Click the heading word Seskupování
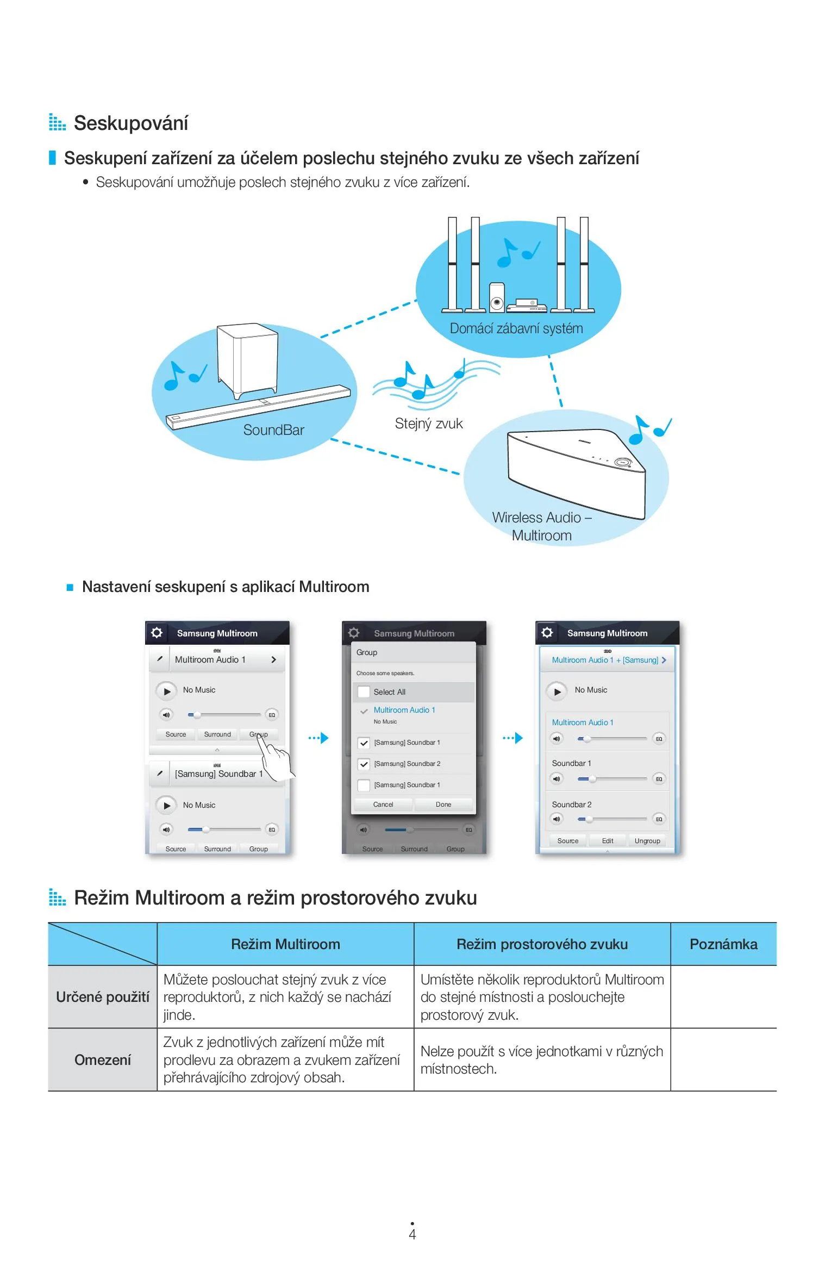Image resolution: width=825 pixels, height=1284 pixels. [130, 123]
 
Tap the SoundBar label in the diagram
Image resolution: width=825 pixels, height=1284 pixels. [273, 430]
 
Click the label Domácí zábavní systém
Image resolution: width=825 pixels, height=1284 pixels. [516, 328]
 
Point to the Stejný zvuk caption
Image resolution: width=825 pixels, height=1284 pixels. [429, 423]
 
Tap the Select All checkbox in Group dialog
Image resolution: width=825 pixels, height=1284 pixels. [364, 692]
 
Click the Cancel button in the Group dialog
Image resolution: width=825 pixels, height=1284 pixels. [383, 805]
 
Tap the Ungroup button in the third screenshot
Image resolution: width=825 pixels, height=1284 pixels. [647, 841]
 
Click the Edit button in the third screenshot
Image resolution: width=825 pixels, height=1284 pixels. [608, 841]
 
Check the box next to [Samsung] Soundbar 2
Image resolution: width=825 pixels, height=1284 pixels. [364, 764]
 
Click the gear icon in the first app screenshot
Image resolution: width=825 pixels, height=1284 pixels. [157, 633]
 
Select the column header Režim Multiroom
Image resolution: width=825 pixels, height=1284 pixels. [285, 944]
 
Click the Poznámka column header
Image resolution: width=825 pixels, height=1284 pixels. [723, 944]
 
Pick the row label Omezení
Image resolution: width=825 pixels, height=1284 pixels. [103, 1059]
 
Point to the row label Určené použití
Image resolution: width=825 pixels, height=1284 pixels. [103, 997]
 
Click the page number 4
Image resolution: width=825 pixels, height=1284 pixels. [412, 1235]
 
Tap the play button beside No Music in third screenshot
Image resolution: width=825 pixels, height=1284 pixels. [557, 691]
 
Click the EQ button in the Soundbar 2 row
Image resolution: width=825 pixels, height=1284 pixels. [659, 819]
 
